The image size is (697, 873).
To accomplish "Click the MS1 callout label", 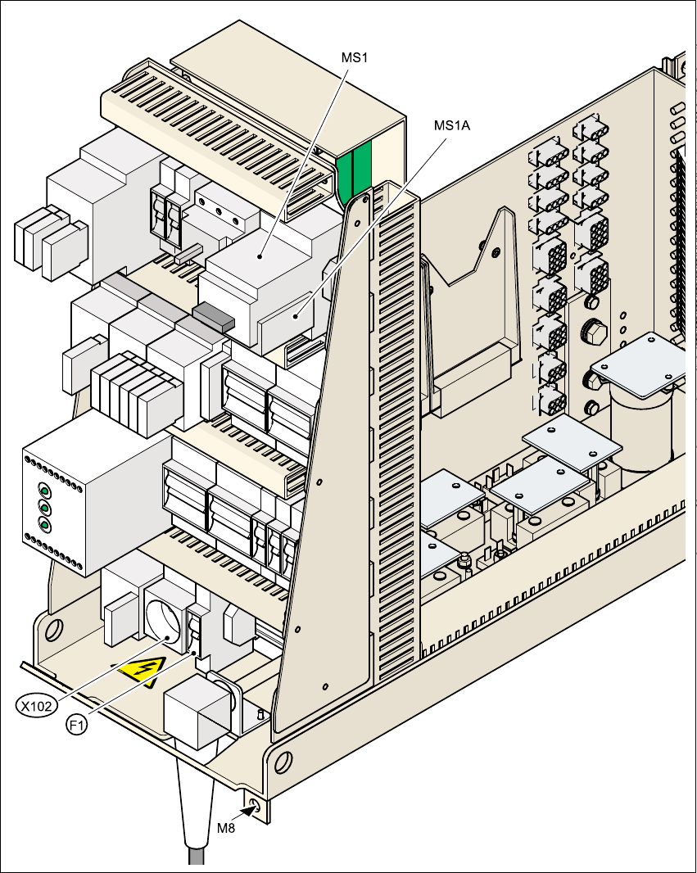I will [x=353, y=59].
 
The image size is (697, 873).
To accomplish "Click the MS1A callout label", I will [x=452, y=125].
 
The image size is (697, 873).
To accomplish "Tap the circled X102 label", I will [x=38, y=704].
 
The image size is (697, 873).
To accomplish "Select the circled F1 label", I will [x=76, y=724].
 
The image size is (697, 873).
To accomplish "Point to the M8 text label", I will [x=226, y=828].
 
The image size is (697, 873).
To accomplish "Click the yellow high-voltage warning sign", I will [x=142, y=672].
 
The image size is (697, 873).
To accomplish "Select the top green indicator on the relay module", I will [x=44, y=491].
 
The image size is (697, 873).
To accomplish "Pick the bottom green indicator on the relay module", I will [x=44, y=524].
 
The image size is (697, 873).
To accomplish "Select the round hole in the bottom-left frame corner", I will [x=54, y=629].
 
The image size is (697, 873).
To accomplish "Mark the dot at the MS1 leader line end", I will [x=260, y=256].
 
